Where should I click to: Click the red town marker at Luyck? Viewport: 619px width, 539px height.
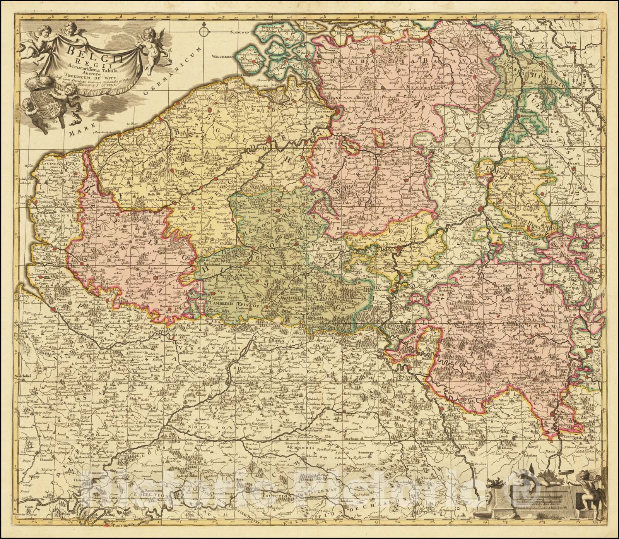(x=480, y=209)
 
